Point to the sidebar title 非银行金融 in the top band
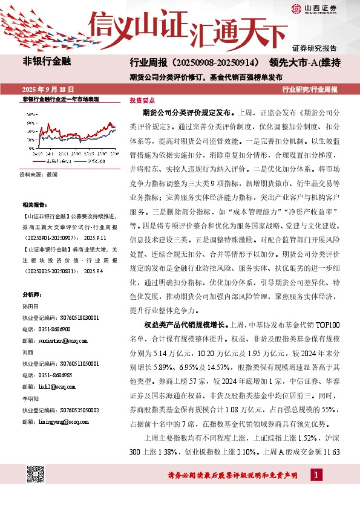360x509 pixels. click(47, 61)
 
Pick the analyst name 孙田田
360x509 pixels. click(30, 307)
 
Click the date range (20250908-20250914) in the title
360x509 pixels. click(217, 62)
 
